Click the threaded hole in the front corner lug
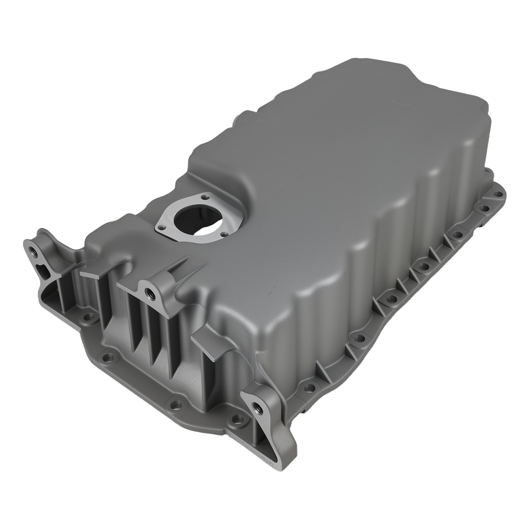pyautogui.click(x=258, y=408)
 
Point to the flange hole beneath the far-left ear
pyautogui.click(x=89, y=317)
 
